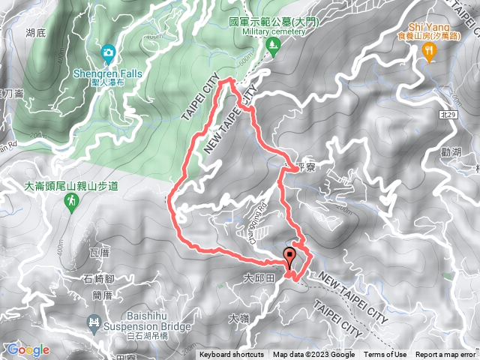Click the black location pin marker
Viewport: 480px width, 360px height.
pyautogui.click(x=290, y=256)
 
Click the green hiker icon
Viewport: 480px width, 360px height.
pyautogui.click(x=72, y=201)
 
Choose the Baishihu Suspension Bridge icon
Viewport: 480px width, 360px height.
pyautogui.click(x=94, y=324)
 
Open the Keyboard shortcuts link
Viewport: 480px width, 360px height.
pyautogui.click(x=231, y=355)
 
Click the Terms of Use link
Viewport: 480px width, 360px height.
pyautogui.click(x=385, y=355)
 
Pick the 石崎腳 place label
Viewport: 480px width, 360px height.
pyautogui.click(x=98, y=280)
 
